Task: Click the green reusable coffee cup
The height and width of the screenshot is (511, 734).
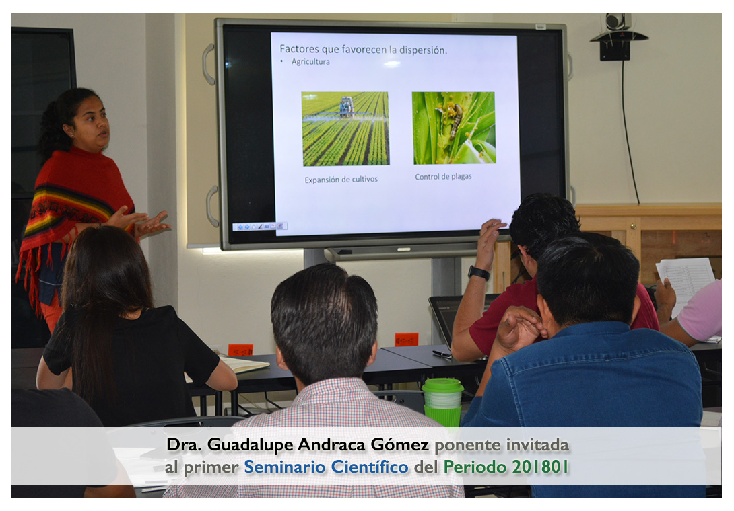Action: click(x=442, y=402)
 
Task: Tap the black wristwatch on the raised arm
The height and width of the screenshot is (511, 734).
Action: click(x=479, y=272)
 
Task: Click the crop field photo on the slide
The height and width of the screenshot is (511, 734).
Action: click(x=345, y=128)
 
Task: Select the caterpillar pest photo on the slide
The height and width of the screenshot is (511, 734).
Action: click(x=454, y=128)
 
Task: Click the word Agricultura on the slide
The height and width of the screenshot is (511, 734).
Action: click(x=310, y=61)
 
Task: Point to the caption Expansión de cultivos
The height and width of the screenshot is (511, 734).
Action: click(x=341, y=179)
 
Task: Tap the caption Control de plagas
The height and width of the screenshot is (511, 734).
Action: click(x=443, y=176)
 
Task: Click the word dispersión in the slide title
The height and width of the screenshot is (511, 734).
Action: click(x=423, y=50)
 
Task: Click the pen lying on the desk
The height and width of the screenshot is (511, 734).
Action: click(x=442, y=354)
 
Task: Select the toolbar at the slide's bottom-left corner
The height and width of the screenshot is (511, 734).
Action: click(x=260, y=227)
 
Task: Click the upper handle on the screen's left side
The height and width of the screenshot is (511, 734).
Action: click(x=208, y=64)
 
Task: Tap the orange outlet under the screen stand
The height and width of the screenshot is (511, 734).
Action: click(x=406, y=340)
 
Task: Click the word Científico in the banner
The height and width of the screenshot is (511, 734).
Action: click(x=369, y=467)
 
